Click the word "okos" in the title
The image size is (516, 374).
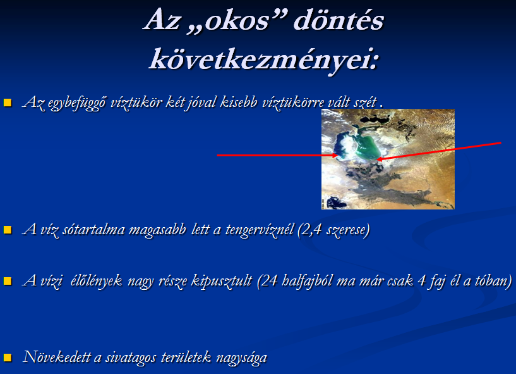point(237,20)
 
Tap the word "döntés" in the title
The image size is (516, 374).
point(339,20)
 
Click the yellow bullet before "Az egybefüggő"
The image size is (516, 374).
point(8,103)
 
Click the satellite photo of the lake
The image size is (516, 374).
point(388,159)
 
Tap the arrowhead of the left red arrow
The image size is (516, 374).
point(336,155)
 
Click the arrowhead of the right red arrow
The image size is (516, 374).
point(378,159)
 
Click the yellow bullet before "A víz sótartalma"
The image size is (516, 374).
point(8,230)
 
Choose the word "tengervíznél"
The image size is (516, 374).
point(260,230)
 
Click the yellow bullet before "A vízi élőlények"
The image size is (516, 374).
point(8,281)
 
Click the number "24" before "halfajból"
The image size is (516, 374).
point(270,281)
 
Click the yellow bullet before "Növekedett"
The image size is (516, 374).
point(8,357)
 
